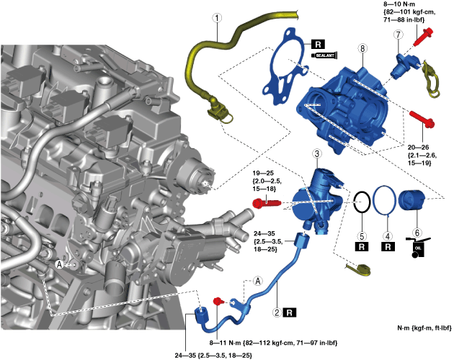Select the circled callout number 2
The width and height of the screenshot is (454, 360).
click(276, 312)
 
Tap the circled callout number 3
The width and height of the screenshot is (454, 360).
click(316, 153)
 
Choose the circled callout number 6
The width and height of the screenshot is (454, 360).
click(414, 234)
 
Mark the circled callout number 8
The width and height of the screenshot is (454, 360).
click(363, 48)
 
